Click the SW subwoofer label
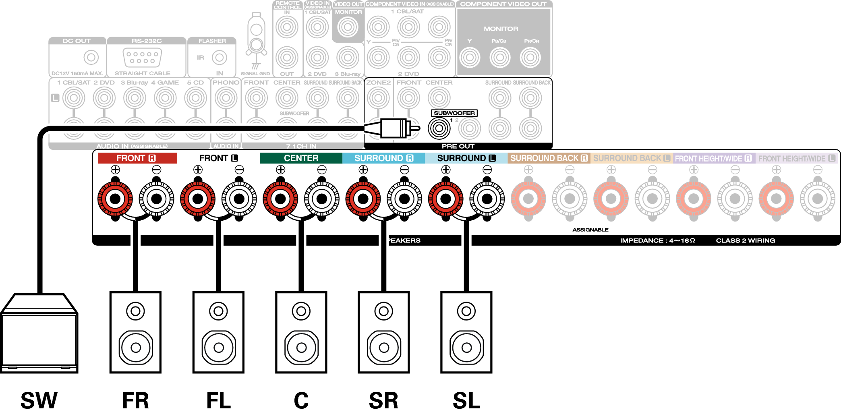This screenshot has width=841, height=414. coord(39,400)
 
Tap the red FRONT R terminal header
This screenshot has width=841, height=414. coord(137,158)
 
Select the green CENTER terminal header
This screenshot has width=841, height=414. coord(301,158)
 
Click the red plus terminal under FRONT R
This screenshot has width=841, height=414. coord(115,199)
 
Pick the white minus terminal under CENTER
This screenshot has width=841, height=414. coord(321,199)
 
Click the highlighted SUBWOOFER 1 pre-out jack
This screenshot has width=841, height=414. coord(439,128)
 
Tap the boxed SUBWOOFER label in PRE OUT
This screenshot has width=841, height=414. coord(454,113)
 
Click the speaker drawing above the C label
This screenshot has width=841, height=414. coord(301,333)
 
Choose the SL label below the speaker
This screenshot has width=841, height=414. coord(466,400)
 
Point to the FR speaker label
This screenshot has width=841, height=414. coord(136,400)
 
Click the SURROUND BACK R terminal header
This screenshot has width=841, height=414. coord(549,158)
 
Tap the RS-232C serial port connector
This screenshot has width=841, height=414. coord(142,57)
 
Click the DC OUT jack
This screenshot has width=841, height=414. coord(91,57)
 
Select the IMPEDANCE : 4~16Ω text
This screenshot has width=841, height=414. coord(657,240)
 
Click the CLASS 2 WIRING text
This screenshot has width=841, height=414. coord(745,240)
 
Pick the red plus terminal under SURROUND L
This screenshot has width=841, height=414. coord(445,199)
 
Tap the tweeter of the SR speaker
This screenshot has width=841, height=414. coord(383,311)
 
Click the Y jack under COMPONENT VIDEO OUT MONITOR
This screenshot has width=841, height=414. coord(470,57)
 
